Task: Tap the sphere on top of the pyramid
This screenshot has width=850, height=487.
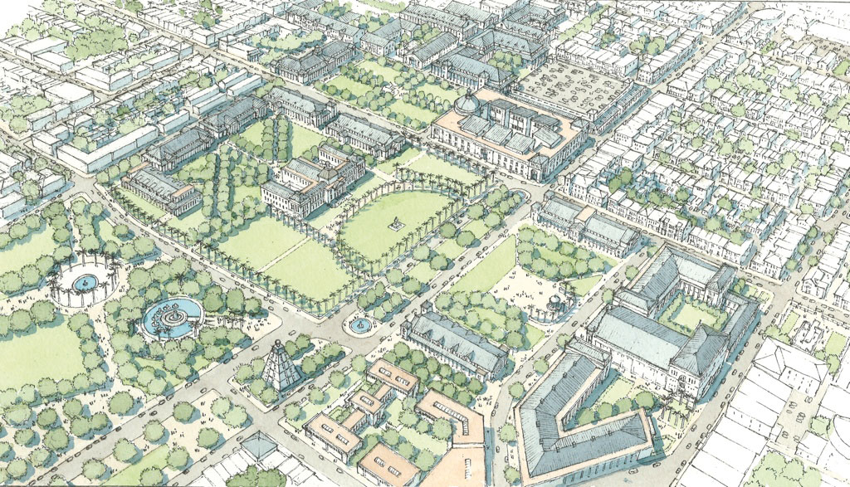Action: [x=281, y=343]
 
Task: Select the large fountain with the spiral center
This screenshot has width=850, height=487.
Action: [x=172, y=317]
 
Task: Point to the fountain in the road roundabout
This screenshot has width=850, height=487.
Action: [x=360, y=324]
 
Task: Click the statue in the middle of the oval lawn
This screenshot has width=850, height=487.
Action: [x=397, y=223]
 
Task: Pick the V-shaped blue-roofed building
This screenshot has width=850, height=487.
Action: [x=581, y=415]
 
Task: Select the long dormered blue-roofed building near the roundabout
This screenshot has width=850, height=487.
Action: [x=455, y=340]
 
